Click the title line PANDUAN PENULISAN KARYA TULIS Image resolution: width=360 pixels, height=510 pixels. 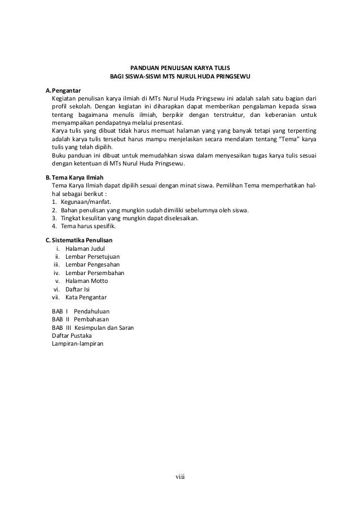click(x=180, y=67)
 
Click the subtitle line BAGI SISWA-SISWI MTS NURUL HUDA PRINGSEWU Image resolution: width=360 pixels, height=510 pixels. click(x=180, y=76)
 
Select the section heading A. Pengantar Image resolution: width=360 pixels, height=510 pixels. click(x=63, y=89)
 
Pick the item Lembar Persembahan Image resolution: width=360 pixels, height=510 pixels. click(x=95, y=273)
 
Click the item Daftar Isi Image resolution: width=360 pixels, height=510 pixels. click(x=77, y=289)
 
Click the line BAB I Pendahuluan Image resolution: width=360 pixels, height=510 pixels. click(x=81, y=311)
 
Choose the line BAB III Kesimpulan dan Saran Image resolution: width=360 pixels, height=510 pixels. click(x=93, y=328)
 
